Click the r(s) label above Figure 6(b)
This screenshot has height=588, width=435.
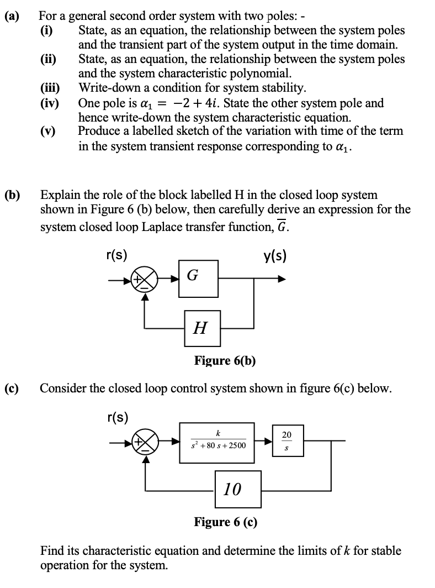[x=116, y=256]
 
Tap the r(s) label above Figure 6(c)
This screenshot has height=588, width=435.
[x=116, y=417]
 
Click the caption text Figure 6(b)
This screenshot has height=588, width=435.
[x=224, y=361]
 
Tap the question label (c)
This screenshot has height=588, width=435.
[x=12, y=388]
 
